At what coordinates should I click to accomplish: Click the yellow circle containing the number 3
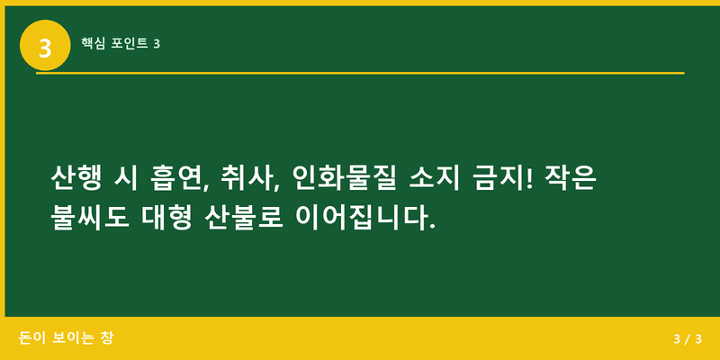(45, 45)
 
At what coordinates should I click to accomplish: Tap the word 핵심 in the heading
(94, 43)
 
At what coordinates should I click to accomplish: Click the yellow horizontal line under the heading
(360, 73)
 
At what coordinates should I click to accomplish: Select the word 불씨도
(88, 218)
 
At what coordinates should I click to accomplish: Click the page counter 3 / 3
(686, 339)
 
